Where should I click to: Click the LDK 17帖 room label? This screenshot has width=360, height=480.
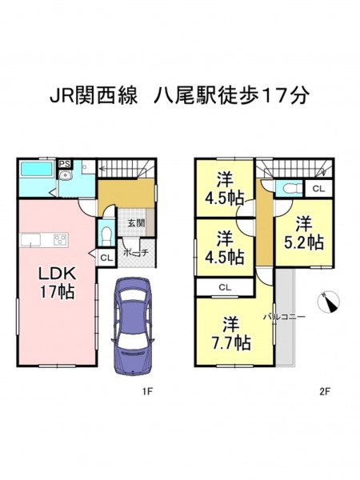(x=57, y=282)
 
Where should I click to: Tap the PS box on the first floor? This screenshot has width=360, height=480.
(x=65, y=163)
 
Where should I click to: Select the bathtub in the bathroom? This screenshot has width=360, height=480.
(x=36, y=169)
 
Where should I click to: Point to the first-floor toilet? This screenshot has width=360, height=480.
(x=106, y=235)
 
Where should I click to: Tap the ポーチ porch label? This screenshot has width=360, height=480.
(x=136, y=253)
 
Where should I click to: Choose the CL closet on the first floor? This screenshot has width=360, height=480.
(x=106, y=258)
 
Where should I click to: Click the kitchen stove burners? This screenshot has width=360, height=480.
(x=60, y=239)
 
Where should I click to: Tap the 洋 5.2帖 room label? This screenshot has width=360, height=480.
(x=304, y=233)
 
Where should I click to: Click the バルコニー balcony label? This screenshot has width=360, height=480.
(x=284, y=317)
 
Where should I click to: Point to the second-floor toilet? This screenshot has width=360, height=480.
(x=289, y=188)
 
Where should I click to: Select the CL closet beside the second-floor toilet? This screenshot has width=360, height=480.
(x=318, y=189)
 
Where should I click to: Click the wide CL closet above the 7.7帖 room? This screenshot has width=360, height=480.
(x=225, y=287)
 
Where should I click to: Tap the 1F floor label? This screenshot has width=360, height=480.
(x=147, y=391)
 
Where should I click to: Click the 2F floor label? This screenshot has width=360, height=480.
(x=325, y=391)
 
